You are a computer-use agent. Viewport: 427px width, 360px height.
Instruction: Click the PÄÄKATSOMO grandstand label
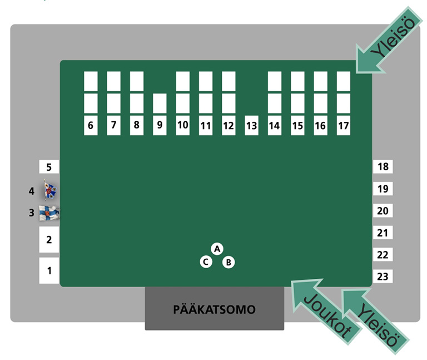214,309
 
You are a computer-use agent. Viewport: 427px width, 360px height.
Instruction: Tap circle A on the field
217,249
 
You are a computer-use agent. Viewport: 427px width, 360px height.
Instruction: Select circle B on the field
229,262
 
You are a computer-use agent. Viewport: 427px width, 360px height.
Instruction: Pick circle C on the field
206,262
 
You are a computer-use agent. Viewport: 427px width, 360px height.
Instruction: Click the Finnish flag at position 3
49,213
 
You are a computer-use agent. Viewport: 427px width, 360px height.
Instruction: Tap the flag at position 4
50,191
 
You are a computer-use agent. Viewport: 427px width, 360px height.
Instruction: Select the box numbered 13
251,126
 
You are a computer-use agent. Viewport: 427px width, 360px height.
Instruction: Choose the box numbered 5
49,166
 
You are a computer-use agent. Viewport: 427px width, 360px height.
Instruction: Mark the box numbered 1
49,270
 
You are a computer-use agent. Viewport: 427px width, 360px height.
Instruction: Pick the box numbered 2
49,240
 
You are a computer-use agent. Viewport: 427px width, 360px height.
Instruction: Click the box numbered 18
383,166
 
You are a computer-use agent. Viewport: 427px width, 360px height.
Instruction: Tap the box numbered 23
383,277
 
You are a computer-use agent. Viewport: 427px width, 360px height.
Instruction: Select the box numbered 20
383,211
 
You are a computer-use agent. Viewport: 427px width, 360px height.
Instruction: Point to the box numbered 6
91,126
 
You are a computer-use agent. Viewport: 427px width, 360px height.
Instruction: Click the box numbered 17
344,126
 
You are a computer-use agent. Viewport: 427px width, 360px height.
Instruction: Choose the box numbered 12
229,126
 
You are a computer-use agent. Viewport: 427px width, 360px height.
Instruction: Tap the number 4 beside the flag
32,191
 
